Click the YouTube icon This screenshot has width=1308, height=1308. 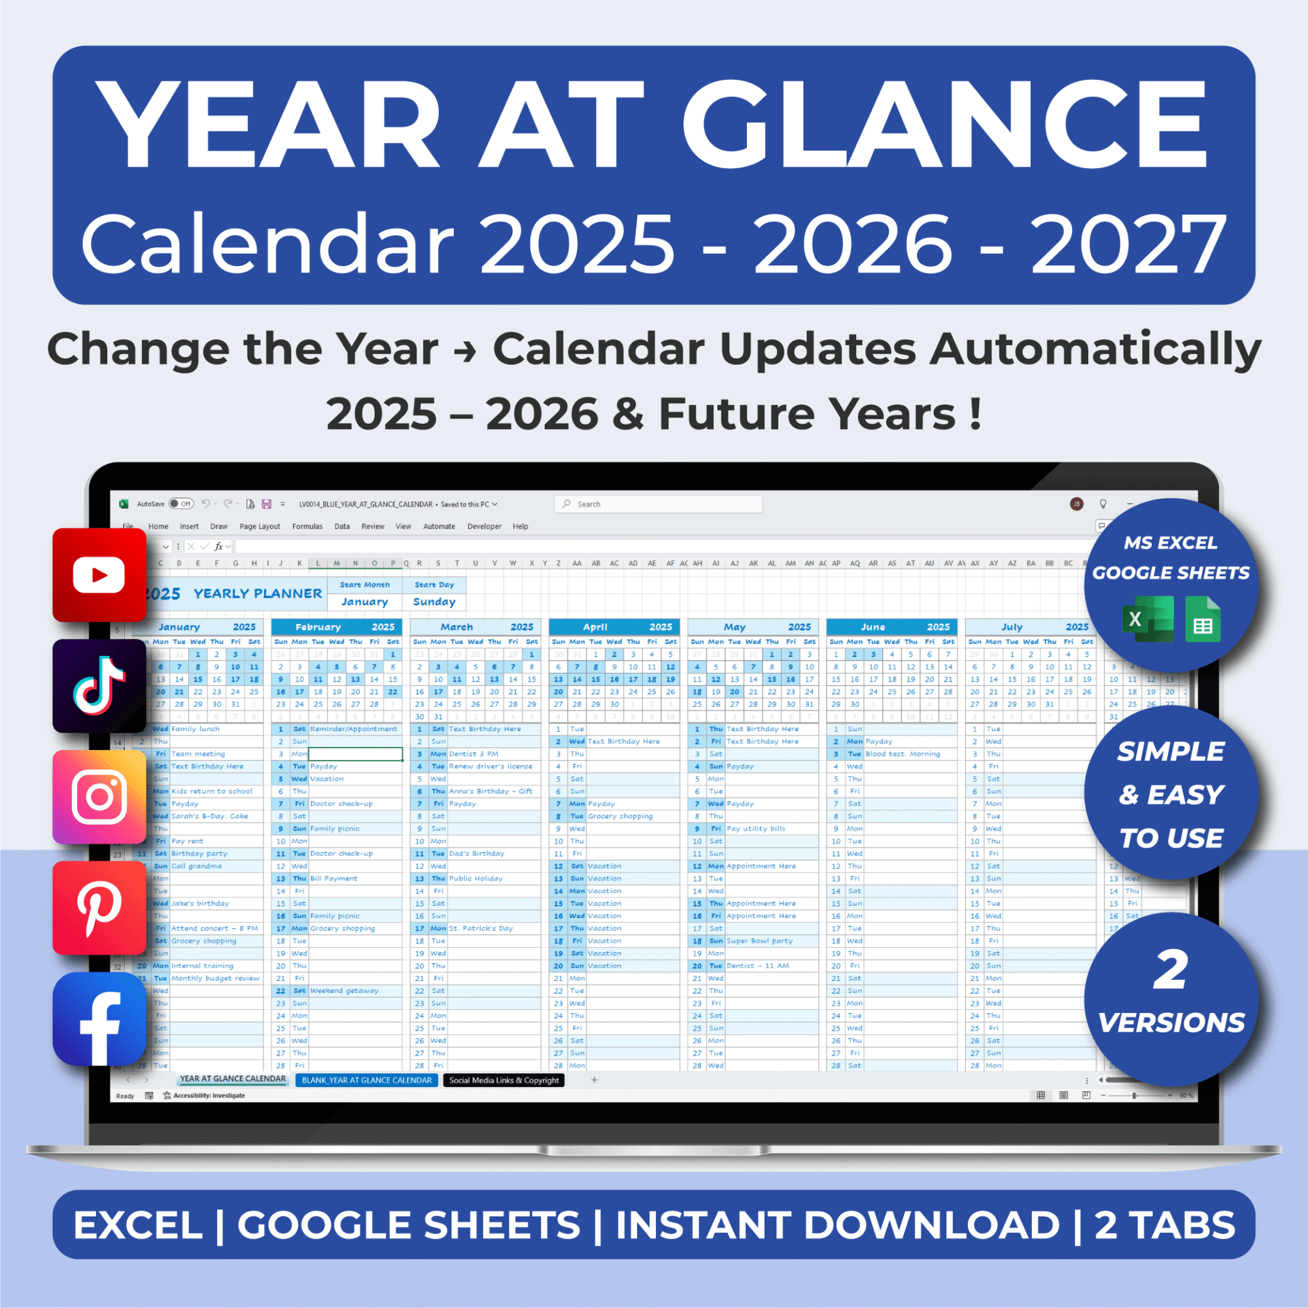tap(99, 575)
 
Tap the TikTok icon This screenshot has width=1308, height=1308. tap(99, 685)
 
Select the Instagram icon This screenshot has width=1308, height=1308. tap(99, 797)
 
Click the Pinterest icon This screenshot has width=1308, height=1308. tap(99, 908)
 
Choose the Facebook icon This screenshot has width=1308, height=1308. tap(99, 1019)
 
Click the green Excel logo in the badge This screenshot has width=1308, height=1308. tap(1148, 619)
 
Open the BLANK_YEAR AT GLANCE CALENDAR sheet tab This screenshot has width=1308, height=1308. tap(366, 1080)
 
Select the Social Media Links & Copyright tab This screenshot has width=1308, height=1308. tap(504, 1080)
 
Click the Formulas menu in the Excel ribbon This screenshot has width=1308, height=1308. tap(307, 526)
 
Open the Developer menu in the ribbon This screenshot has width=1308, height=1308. tap(484, 526)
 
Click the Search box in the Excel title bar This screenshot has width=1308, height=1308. tap(658, 504)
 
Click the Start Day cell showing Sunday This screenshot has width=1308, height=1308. tap(434, 601)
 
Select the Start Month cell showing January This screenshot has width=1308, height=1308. tap(364, 601)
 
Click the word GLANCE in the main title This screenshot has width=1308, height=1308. tap(944, 126)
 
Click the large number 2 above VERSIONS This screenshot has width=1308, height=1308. tap(1171, 970)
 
